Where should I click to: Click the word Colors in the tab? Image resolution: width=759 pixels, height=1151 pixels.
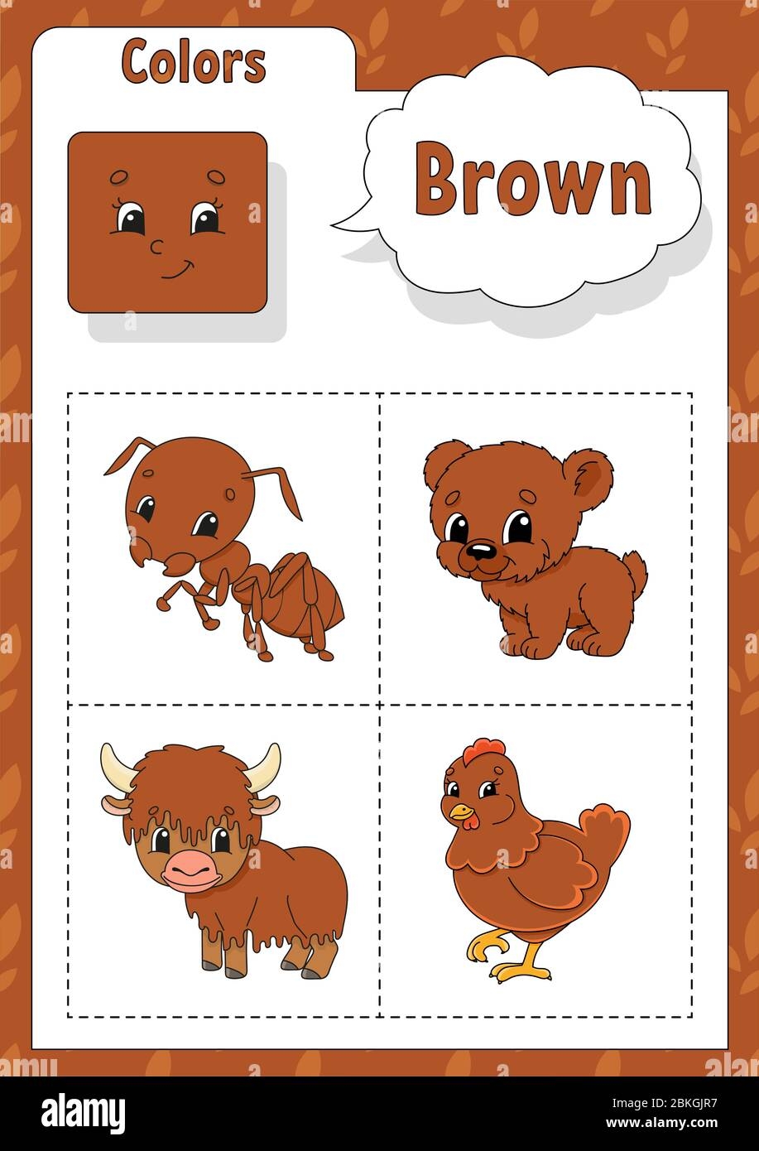point(193,62)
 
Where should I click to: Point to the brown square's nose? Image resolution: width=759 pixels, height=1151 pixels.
point(156,245)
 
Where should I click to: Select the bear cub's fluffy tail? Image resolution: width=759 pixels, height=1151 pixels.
point(634,571)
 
